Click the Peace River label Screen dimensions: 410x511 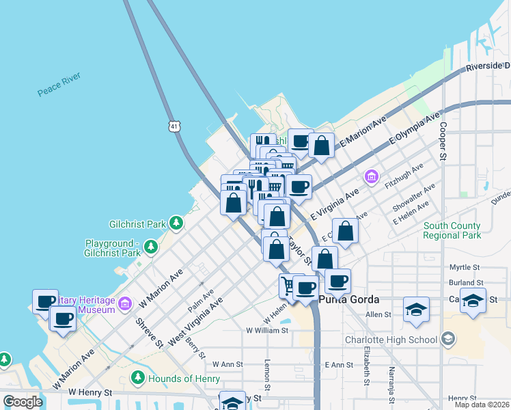pos(59,84)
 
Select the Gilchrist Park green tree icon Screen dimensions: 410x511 pos(176,223)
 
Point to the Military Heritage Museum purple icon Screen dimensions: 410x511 pos(124,303)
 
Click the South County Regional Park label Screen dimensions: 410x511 pos(452,230)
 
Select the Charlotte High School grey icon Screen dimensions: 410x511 pos(447,339)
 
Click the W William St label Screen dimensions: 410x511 pos(267,330)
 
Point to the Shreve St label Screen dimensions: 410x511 pos(149,333)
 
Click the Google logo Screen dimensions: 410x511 pos(23,402)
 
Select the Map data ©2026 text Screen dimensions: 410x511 pos(482,405)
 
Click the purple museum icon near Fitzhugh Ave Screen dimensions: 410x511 pos(371,177)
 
